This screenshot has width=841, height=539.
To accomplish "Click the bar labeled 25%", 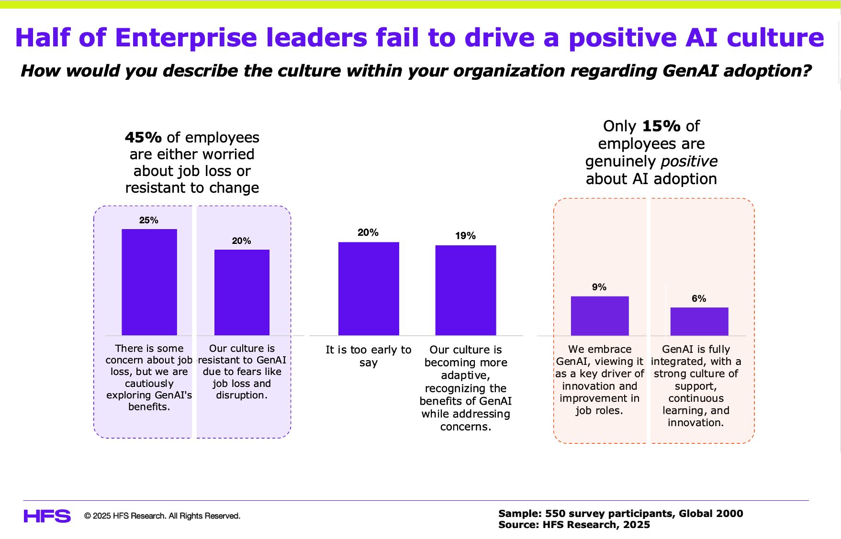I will click(149, 282).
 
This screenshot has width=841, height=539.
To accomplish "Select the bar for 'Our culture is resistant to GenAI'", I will click(242, 292).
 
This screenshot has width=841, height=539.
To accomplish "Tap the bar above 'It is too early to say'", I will click(369, 288).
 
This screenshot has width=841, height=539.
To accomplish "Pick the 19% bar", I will click(465, 290).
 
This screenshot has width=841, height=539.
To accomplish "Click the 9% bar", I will click(599, 316).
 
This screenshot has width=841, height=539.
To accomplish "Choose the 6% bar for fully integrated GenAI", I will click(699, 321).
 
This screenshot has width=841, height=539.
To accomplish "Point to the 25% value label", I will click(149, 220).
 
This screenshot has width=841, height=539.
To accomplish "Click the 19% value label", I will click(465, 236).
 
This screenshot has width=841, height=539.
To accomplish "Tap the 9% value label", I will click(599, 287).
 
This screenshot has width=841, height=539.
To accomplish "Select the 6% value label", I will click(699, 298).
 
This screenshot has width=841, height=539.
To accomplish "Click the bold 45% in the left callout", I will click(143, 138).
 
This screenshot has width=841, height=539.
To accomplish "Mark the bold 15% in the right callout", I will click(661, 126).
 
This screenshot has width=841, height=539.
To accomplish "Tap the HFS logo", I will click(47, 516).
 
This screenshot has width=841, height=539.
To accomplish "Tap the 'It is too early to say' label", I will click(369, 356).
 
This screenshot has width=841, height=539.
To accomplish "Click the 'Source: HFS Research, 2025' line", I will click(574, 525).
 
